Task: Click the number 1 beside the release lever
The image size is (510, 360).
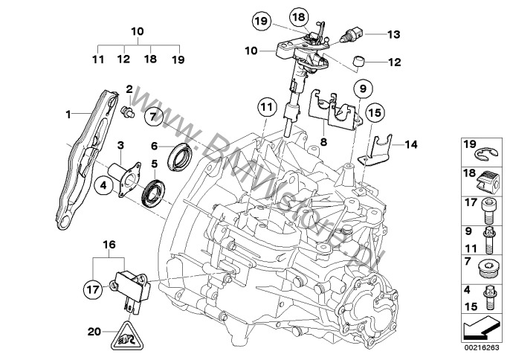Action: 68,115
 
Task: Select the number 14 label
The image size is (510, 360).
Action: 411,145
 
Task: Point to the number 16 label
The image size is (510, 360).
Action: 109,243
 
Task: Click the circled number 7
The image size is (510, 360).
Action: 154,116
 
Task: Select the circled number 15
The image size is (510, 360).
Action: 373,113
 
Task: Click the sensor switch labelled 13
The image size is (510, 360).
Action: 352,33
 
